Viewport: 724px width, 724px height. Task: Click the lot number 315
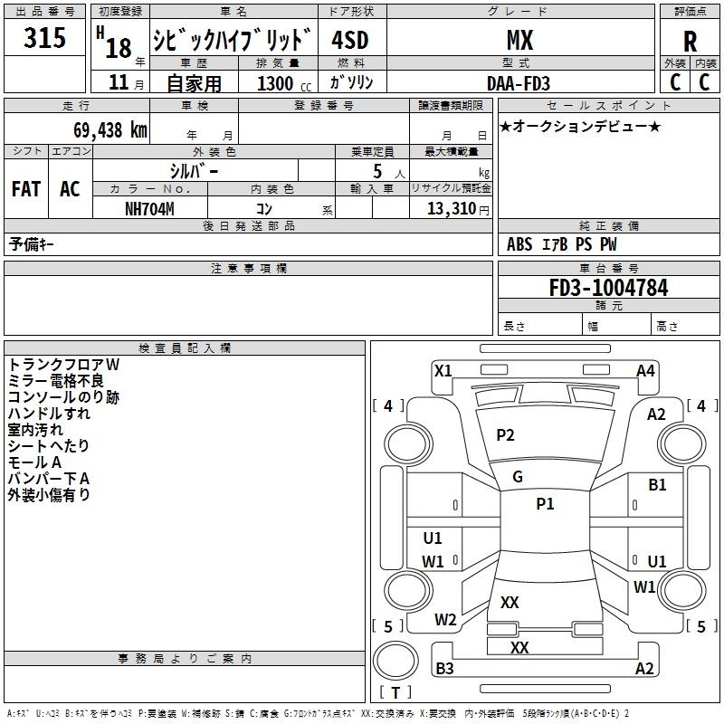point(44,38)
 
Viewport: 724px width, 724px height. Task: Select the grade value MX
point(519,40)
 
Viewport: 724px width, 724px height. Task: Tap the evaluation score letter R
point(690,42)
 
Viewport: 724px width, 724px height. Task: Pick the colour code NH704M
point(149,207)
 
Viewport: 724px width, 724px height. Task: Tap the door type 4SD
point(349,40)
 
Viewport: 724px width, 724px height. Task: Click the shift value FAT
point(26,189)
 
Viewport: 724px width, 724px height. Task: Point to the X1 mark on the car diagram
point(443,370)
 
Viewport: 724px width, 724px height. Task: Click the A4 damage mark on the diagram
point(645,370)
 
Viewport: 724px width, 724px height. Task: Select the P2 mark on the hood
point(505,435)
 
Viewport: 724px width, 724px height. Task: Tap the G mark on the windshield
point(518,476)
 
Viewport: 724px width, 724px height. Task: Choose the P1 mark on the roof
point(545,504)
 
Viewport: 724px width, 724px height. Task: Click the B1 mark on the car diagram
point(657,485)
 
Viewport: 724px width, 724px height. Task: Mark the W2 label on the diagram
point(445,620)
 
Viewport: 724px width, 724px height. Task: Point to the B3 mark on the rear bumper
point(444,669)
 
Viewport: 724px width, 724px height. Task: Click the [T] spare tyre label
point(395,693)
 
